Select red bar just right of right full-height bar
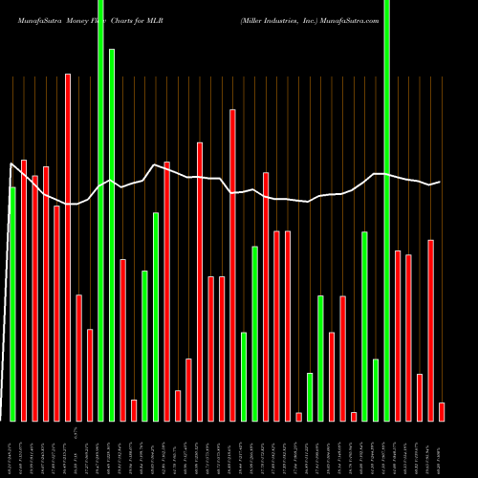click(x=398, y=336)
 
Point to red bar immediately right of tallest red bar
click(x=78, y=358)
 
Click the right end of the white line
click(x=440, y=182)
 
